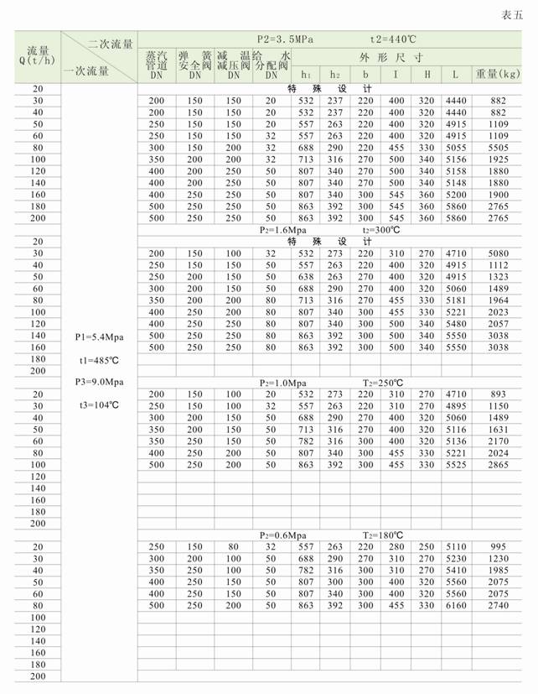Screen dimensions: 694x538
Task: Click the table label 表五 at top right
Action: tap(515, 14)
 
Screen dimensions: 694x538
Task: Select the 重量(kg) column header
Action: tap(499, 75)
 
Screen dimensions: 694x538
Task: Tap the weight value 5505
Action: tap(499, 147)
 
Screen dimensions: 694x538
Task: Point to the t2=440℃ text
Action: tap(395, 39)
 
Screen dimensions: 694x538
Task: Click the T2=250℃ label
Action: tap(384, 382)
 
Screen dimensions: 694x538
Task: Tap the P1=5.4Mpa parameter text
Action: tap(100, 337)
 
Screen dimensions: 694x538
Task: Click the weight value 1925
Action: tap(499, 159)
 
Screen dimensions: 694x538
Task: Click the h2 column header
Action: tap(335, 75)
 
